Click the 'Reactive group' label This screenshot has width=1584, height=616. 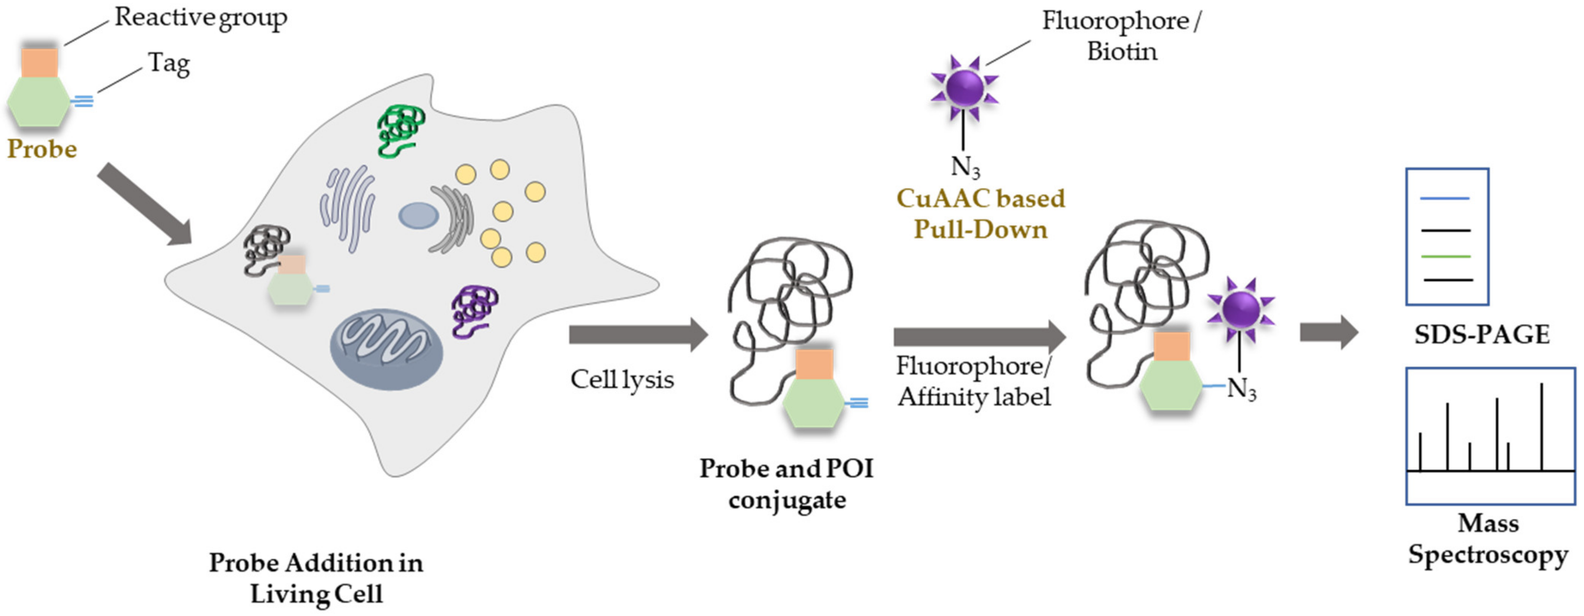[x=200, y=18]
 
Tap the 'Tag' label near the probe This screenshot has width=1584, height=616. [x=168, y=63]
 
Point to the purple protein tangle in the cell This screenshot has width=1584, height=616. [x=473, y=310]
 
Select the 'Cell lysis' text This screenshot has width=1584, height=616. [x=622, y=379]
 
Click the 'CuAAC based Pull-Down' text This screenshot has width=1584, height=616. [x=980, y=214]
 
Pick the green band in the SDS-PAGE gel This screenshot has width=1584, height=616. [x=1446, y=256]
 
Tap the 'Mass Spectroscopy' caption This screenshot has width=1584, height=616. [x=1488, y=539]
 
